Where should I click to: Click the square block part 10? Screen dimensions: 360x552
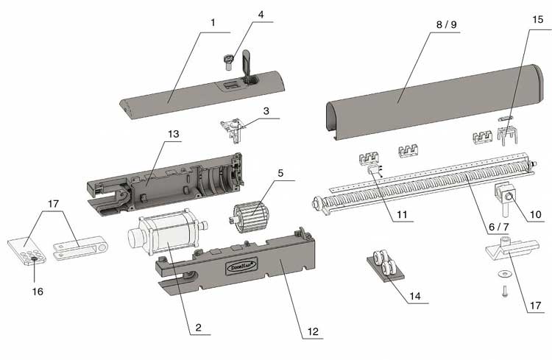click(505, 196)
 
